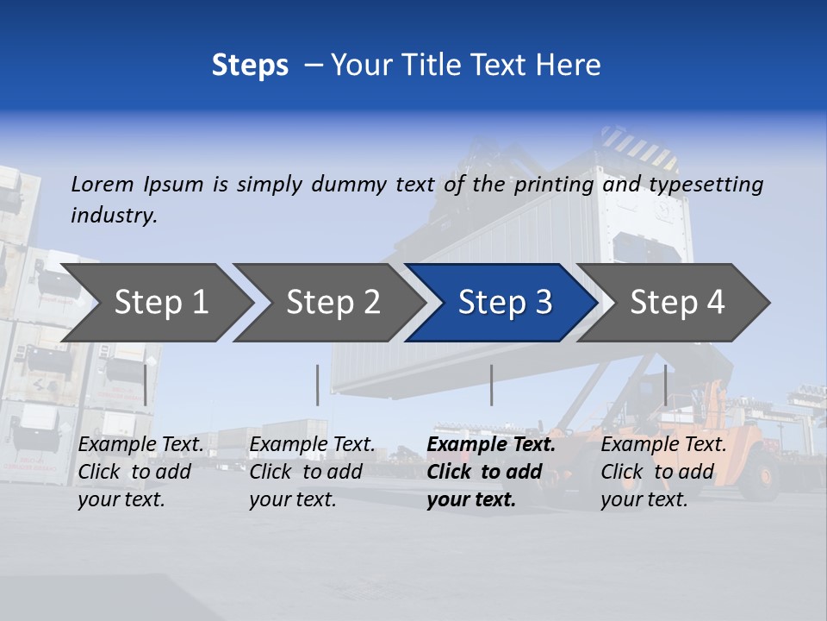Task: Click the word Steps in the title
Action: tap(250, 66)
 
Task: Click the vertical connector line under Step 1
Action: tap(146, 385)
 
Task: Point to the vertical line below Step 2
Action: tap(318, 385)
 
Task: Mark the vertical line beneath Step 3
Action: tap(492, 385)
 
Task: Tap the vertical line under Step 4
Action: tap(665, 385)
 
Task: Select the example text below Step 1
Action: tap(140, 472)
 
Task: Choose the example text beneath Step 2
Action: tap(312, 472)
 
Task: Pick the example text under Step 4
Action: tap(663, 472)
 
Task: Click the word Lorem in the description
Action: tap(103, 185)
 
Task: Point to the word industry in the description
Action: tap(114, 216)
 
